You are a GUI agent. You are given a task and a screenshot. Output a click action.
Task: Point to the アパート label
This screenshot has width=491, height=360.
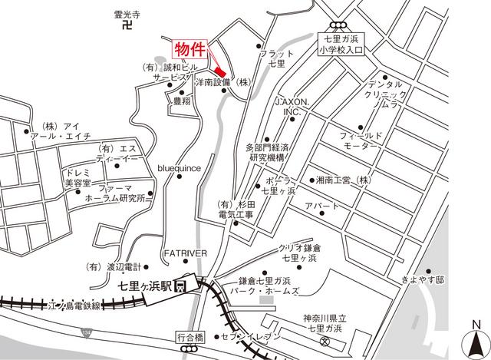318,207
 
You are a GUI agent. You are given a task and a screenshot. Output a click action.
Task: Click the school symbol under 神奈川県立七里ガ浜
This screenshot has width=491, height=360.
325,341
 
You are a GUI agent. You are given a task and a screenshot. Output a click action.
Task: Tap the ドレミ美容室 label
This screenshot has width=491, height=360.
79,178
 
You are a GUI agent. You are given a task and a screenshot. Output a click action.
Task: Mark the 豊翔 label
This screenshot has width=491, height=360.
182,101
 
